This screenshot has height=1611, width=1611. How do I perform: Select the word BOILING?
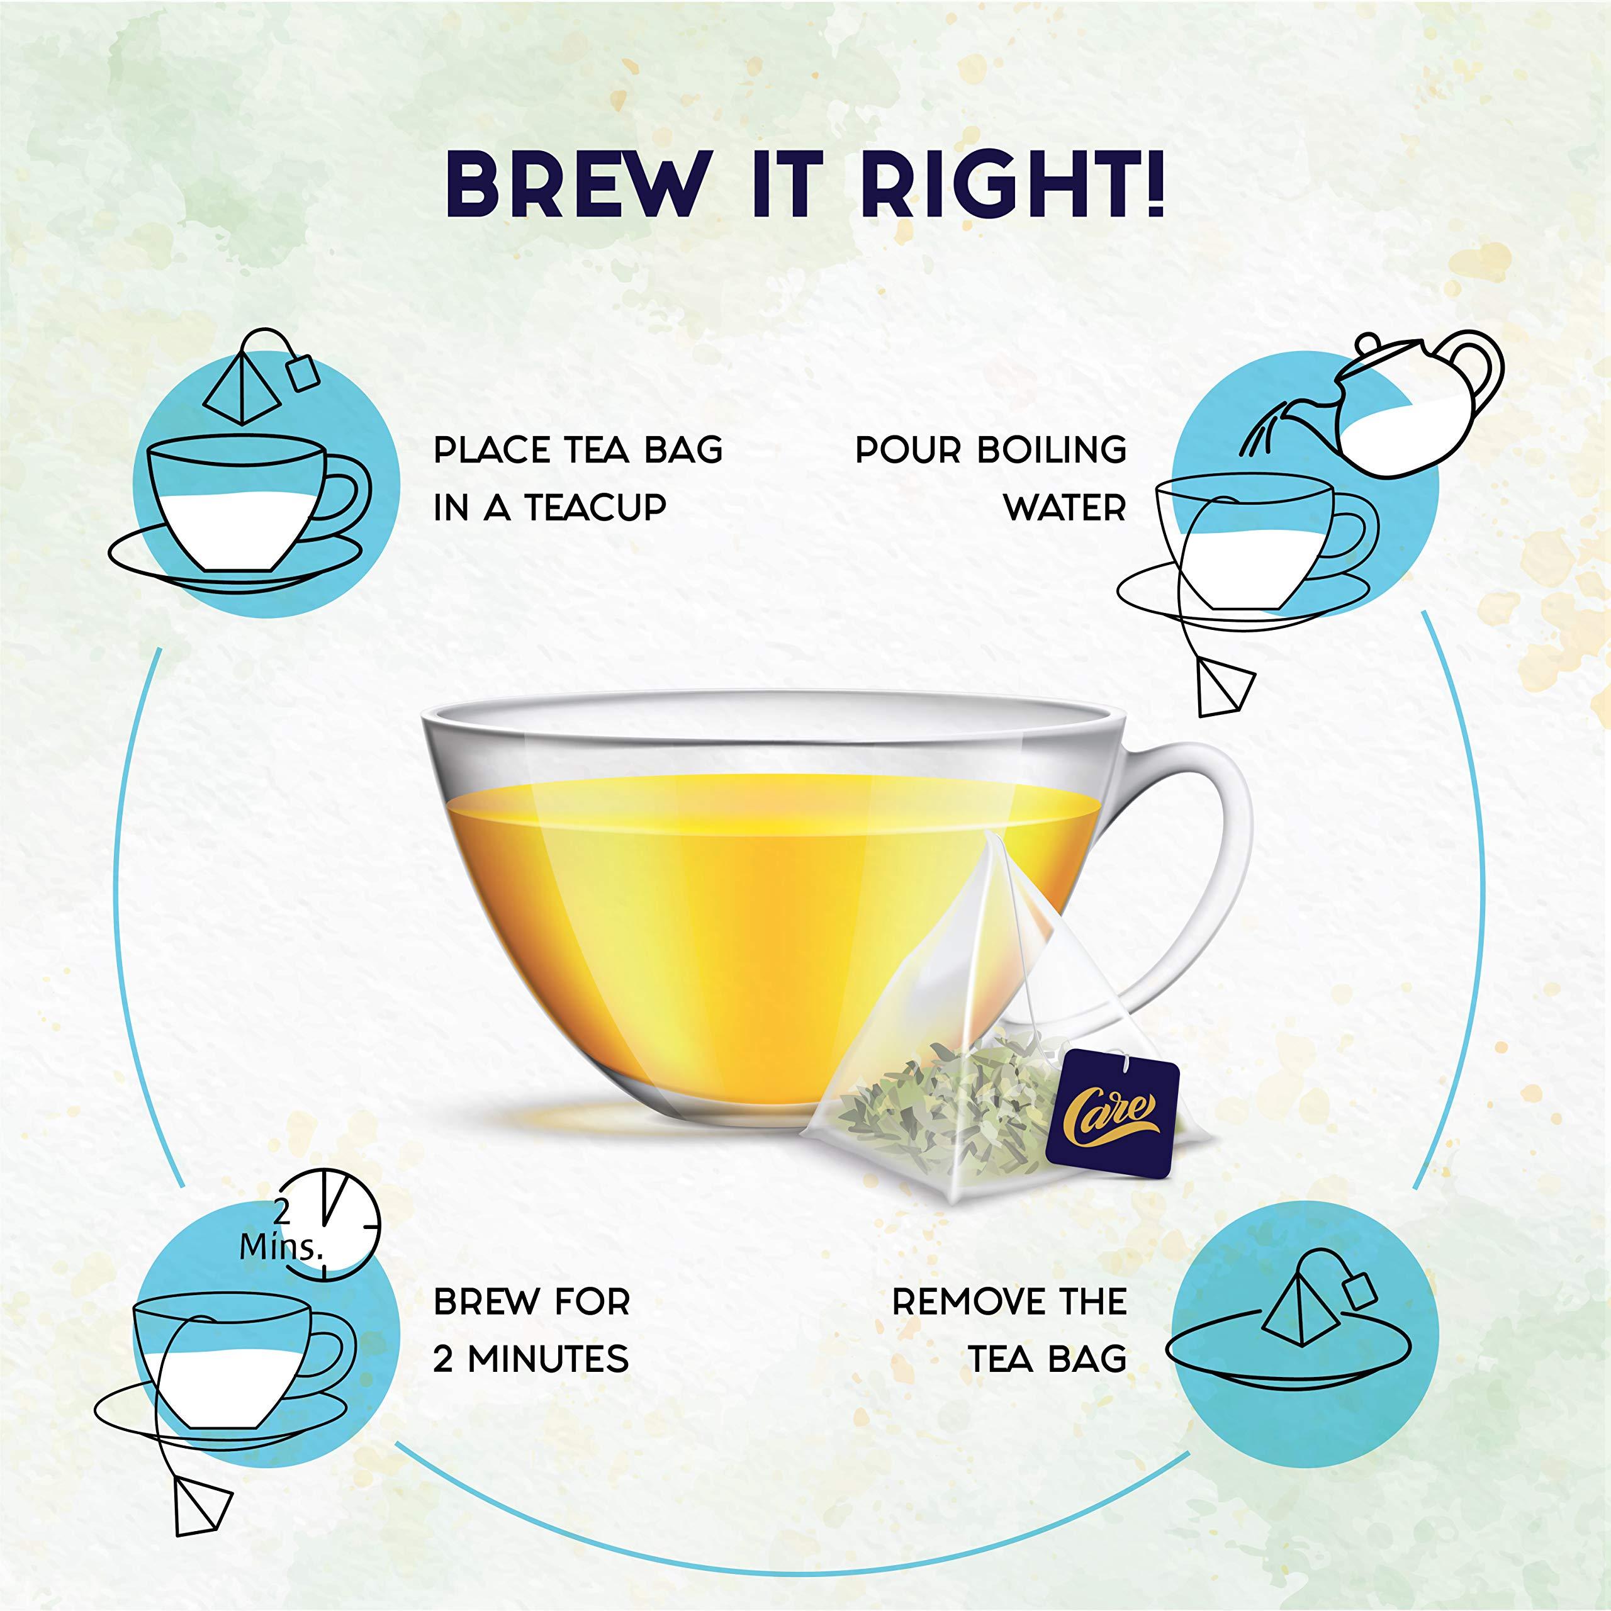point(1052,451)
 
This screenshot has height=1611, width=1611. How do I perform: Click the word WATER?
point(1064,508)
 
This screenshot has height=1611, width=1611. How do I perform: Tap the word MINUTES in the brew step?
point(547,1360)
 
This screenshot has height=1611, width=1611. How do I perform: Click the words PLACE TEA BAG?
point(577,451)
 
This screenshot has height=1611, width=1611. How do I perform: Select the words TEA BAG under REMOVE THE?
point(1047,1360)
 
